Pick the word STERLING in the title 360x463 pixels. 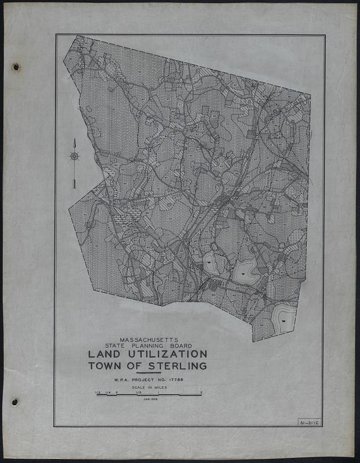click(x=177, y=366)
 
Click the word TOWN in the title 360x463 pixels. click(x=108, y=366)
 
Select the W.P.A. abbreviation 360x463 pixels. click(x=122, y=380)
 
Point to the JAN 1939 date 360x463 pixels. click(x=149, y=400)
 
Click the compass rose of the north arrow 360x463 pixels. click(x=74, y=156)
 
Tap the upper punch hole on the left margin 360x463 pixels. click(x=16, y=67)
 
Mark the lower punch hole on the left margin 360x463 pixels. click(x=15, y=402)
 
